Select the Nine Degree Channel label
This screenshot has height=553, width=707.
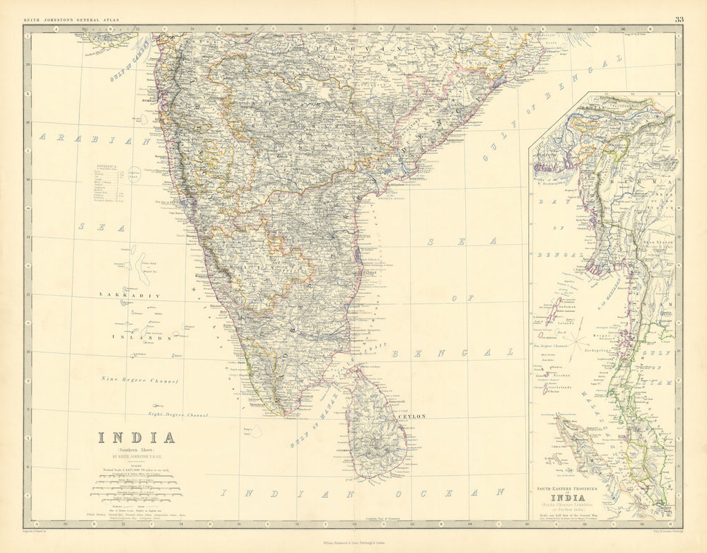139,381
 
